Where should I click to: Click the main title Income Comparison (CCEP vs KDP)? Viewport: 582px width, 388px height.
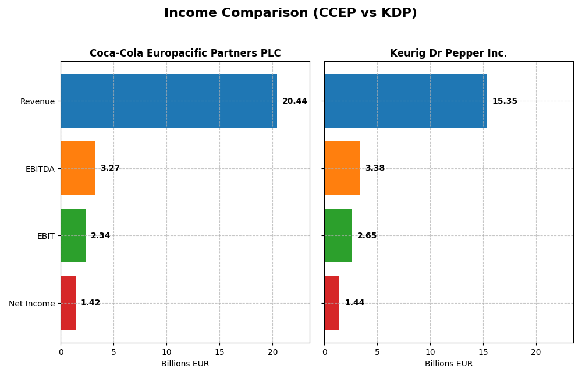pos(290,13)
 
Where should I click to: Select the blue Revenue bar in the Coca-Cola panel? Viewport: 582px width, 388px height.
pos(169,101)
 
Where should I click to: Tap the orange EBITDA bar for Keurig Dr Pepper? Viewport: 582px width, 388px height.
pos(342,168)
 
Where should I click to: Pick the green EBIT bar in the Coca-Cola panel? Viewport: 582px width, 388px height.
pos(73,235)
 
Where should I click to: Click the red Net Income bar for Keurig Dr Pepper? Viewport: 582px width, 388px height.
pos(332,303)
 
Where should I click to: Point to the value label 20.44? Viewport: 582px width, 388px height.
pos(294,101)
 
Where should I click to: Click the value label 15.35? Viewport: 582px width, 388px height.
pos(505,101)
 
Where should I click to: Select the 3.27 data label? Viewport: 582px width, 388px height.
pos(110,168)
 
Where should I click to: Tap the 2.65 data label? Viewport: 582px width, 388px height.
pos(367,236)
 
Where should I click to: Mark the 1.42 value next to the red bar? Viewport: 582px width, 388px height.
pos(90,303)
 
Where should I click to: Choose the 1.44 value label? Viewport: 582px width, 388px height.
pos(354,303)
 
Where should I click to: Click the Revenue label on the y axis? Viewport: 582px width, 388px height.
pos(37,101)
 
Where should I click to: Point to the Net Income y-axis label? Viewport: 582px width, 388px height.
pos(32,304)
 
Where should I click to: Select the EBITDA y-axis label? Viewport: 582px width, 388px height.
pos(40,169)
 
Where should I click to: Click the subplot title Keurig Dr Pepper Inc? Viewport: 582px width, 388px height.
pos(448,54)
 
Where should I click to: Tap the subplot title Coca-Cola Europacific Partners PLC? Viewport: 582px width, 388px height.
pos(185,54)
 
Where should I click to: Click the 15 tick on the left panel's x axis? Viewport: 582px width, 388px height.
pos(219,352)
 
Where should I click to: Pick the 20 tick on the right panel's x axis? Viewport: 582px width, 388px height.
pos(536,352)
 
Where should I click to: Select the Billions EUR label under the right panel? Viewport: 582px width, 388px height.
pos(448,364)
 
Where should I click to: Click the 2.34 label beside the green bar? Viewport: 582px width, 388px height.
pos(100,236)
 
